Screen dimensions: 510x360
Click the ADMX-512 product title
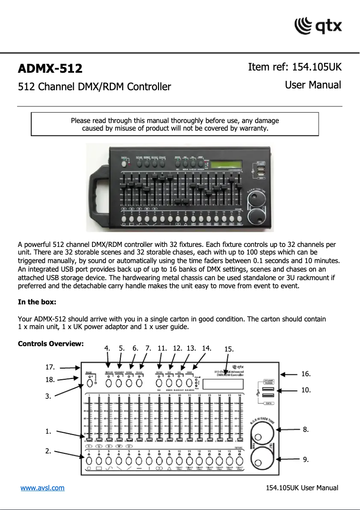click(x=50, y=69)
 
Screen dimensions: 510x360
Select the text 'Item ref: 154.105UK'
click(x=294, y=67)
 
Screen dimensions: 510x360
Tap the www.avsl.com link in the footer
click(x=42, y=488)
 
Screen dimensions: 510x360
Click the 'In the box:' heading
click(x=37, y=302)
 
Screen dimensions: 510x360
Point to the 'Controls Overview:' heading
click(x=51, y=344)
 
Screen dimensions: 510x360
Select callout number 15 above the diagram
click(x=228, y=349)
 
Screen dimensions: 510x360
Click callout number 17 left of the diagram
click(x=50, y=367)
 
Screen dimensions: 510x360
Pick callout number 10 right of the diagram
click(x=306, y=390)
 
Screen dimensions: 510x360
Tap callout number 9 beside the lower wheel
click(x=306, y=459)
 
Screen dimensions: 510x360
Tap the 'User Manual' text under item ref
click(x=313, y=85)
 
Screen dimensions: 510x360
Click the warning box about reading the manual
click(x=175, y=124)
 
